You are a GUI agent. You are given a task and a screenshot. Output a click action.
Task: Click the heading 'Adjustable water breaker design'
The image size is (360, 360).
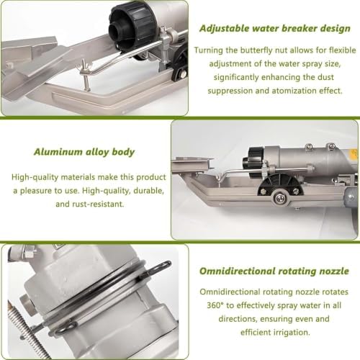pos(275,29)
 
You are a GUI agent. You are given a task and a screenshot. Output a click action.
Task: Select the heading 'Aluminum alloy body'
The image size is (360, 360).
pos(84,152)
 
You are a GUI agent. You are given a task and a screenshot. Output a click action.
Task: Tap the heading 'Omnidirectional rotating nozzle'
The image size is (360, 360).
pos(274,271)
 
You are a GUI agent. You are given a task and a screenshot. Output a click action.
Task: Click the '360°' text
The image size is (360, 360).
pos(215,305)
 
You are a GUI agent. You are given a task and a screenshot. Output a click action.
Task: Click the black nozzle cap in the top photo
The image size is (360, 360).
pos(132,27)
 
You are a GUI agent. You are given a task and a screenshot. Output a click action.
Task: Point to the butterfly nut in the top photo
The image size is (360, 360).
pos(84,69)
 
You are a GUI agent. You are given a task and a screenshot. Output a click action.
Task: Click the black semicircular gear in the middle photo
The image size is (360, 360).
pos(279,187)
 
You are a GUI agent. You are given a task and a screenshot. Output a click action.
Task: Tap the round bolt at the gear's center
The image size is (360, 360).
pos(279,198)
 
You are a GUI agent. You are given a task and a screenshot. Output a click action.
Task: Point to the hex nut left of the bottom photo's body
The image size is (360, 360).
pos(25,301)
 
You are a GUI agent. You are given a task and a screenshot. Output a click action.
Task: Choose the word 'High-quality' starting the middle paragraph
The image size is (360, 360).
pos(35,177)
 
